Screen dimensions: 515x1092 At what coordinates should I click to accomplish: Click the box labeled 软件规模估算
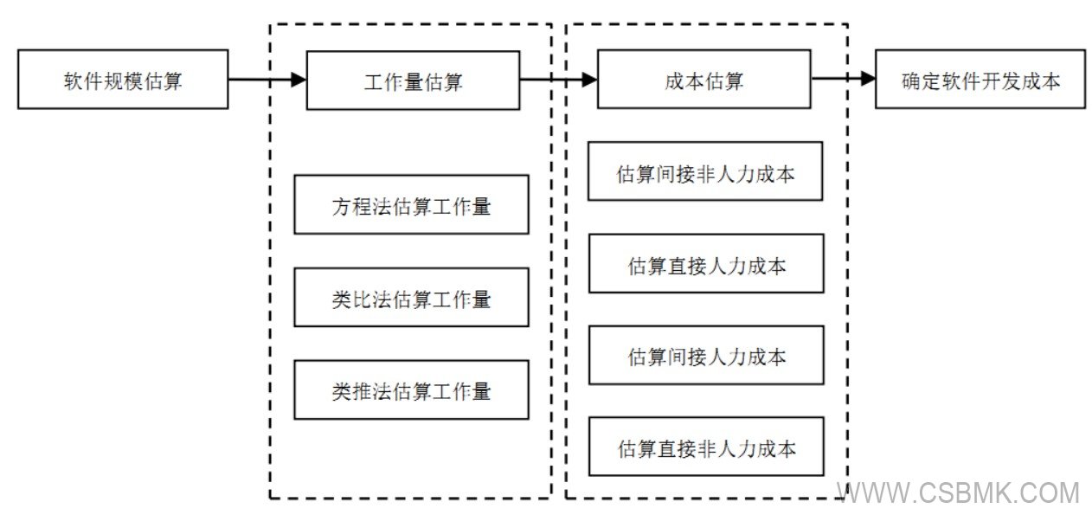tap(123, 80)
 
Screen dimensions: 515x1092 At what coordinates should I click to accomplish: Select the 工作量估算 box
tap(413, 80)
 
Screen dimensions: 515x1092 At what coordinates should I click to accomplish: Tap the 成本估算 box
tap(703, 80)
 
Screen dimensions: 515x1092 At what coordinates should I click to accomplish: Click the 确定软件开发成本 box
tap(981, 80)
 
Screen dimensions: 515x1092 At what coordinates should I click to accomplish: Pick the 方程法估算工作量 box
tap(411, 205)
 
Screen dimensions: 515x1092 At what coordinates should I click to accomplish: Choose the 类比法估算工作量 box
tap(411, 298)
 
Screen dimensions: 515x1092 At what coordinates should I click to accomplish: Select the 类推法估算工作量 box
tap(411, 389)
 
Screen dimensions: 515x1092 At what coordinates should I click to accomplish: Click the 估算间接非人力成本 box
tap(705, 171)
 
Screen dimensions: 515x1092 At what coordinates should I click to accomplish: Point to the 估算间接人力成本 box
tap(705, 355)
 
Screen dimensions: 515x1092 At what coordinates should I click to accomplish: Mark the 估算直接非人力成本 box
tap(705, 447)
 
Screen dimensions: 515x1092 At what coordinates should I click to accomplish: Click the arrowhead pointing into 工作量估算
tap(299, 80)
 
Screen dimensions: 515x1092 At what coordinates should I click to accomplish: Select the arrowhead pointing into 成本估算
tap(589, 80)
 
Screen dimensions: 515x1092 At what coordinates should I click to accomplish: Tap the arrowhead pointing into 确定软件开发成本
tap(868, 80)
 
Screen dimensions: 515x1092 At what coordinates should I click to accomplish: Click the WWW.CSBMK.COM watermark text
tap(960, 493)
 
